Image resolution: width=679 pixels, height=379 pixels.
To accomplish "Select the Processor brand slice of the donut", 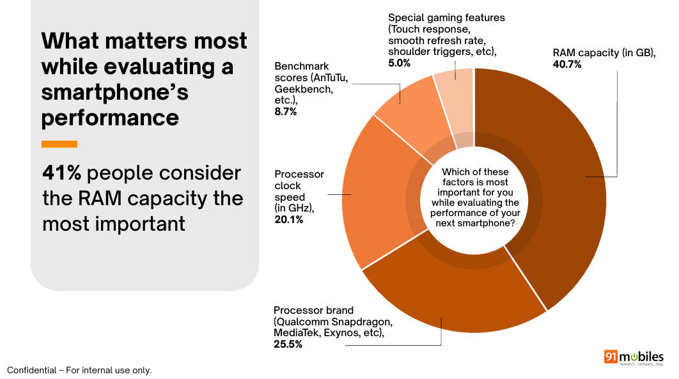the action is [x=450, y=294].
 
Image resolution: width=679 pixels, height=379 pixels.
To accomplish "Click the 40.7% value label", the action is [x=567, y=65].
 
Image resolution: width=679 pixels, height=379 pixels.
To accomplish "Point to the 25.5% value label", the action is [x=288, y=344].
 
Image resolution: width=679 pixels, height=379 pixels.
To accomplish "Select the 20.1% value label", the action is [x=289, y=219].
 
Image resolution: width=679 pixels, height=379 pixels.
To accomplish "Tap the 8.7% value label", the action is [x=286, y=112].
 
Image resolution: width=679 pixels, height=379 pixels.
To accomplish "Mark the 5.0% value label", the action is [x=399, y=63].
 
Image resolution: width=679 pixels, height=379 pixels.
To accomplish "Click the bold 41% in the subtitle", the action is [x=61, y=173].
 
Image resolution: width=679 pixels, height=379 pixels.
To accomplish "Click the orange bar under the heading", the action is [x=59, y=144].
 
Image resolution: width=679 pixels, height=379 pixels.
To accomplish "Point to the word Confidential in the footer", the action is [x=31, y=370].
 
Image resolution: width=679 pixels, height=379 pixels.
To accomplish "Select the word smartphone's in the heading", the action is [x=115, y=92].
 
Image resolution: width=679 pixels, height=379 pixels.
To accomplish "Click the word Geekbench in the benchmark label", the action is [x=304, y=89].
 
